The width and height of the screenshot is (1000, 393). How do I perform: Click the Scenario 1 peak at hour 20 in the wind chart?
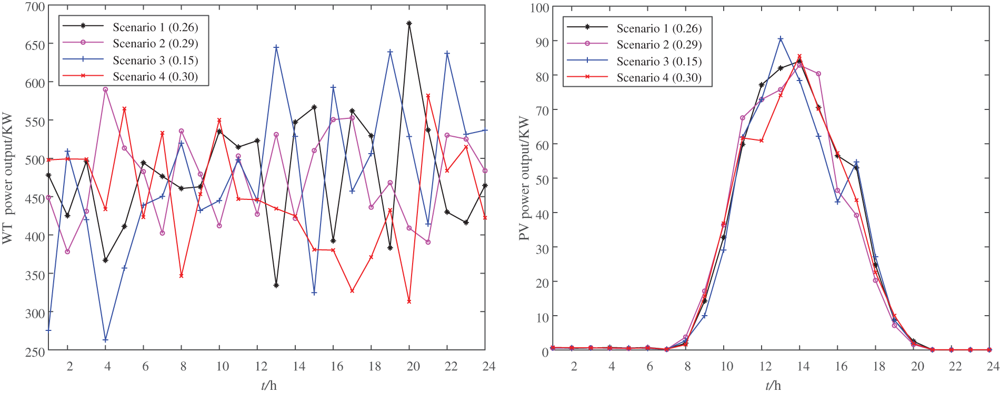pyautogui.click(x=409, y=24)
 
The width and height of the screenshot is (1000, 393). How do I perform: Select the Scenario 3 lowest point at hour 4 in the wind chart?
pyautogui.click(x=105, y=340)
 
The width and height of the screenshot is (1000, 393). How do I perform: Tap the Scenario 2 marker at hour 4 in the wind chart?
pyautogui.click(x=105, y=89)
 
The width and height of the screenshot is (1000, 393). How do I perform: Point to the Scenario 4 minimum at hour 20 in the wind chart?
pyautogui.click(x=409, y=301)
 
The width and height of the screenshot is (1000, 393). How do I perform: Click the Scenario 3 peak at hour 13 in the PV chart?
pyautogui.click(x=781, y=39)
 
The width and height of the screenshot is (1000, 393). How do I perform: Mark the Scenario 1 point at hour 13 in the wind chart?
pyautogui.click(x=276, y=285)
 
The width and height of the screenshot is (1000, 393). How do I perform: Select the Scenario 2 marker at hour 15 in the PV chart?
pyautogui.click(x=818, y=74)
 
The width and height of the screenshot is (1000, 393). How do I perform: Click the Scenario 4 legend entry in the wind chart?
pyautogui.click(x=155, y=77)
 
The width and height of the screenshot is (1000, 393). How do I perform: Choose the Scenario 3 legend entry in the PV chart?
pyautogui.click(x=659, y=62)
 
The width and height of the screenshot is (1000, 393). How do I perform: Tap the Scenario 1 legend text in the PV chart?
pyautogui.click(x=659, y=28)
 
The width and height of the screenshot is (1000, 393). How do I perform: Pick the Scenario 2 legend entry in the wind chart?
pyautogui.click(x=155, y=44)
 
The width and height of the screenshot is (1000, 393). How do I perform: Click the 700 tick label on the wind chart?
pyautogui.click(x=35, y=7)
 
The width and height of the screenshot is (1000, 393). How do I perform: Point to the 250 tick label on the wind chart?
pyautogui.click(x=35, y=351)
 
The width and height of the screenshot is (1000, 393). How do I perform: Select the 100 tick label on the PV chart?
pyautogui.click(x=539, y=8)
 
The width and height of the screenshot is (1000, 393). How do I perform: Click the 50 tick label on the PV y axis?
pyautogui.click(x=542, y=179)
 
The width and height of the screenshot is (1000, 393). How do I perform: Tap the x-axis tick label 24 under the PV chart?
pyautogui.click(x=992, y=366)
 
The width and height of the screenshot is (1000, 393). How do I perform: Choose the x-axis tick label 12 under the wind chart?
pyautogui.click(x=261, y=366)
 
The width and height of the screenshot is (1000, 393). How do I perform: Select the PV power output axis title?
pyautogui.click(x=524, y=179)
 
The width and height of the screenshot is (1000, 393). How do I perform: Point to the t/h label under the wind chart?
pyautogui.click(x=268, y=386)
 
